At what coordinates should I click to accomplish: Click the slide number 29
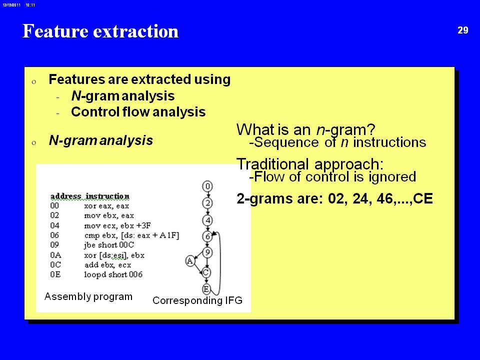tap(463, 30)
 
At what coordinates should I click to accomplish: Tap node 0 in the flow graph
tap(207, 186)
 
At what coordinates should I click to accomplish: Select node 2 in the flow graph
tap(207, 203)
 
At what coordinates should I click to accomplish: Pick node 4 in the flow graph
tap(207, 220)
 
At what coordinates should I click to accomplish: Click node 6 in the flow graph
tap(207, 236)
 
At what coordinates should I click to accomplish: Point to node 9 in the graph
tap(207, 253)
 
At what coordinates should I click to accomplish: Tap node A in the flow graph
tap(190, 261)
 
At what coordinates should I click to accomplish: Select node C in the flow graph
tap(206, 272)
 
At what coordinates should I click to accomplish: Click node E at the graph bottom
tap(206, 289)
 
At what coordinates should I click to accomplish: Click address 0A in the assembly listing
tap(55, 255)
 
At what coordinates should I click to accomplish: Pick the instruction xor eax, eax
tap(106, 206)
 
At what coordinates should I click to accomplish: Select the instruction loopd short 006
tap(113, 274)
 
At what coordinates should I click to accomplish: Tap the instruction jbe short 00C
tap(109, 245)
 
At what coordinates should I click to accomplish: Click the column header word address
tap(66, 196)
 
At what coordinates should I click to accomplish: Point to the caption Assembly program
tap(88, 296)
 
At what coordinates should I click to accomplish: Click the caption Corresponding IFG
tap(197, 300)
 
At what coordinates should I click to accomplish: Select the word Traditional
tap(272, 164)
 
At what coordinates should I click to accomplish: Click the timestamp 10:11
tap(30, 5)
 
